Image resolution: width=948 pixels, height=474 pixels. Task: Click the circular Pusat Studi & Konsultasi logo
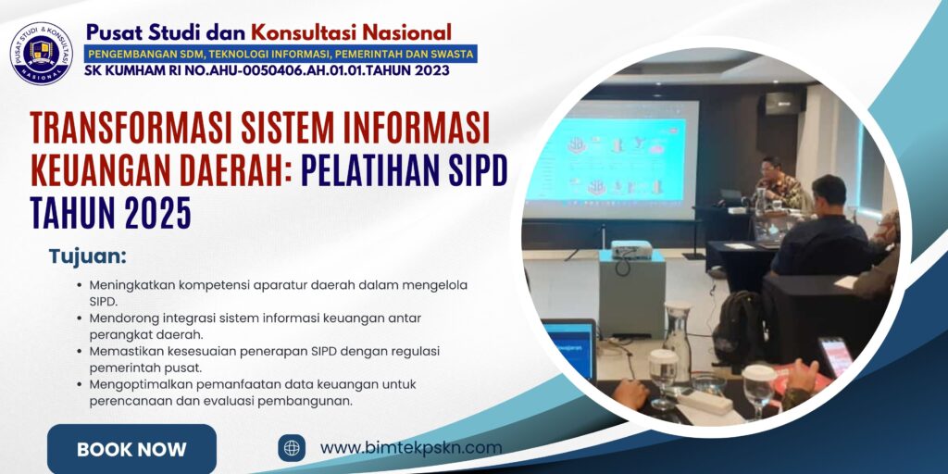41,54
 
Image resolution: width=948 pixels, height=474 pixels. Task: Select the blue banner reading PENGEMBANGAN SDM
281,54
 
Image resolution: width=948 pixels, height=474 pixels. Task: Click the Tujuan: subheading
88,256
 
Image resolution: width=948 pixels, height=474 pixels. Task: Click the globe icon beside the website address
292,448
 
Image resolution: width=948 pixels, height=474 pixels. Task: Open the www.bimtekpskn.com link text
410,448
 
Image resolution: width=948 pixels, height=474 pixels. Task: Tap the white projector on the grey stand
631,249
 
